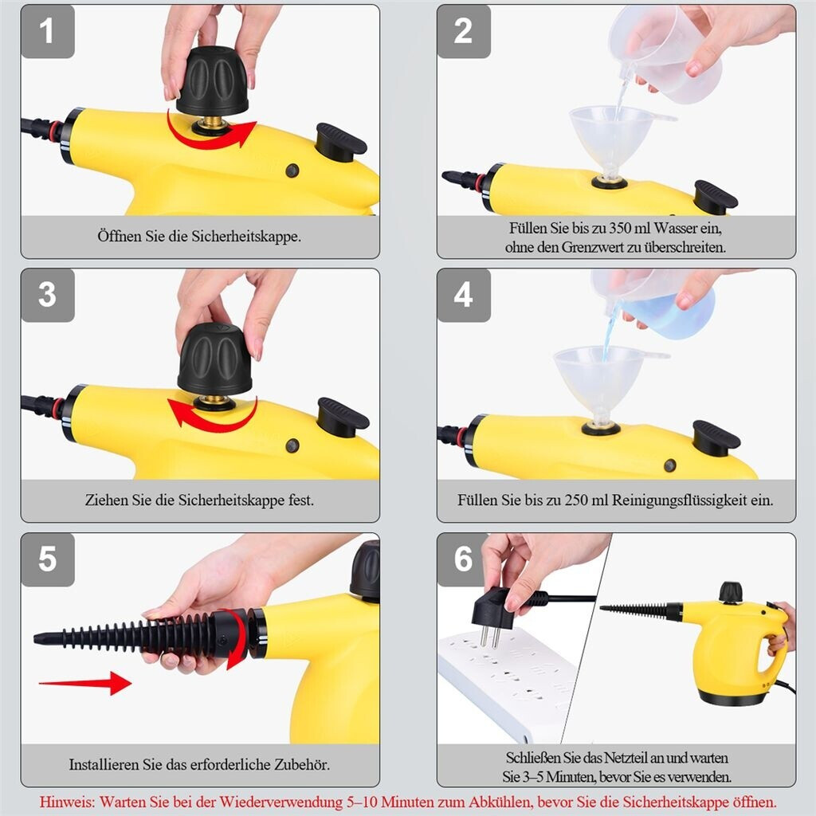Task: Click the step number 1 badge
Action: [47, 31]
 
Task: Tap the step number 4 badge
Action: [464, 295]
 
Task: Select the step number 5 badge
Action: [47, 559]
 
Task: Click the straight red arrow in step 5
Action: [84, 683]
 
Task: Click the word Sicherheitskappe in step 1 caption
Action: [246, 236]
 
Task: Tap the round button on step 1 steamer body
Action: [292, 171]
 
